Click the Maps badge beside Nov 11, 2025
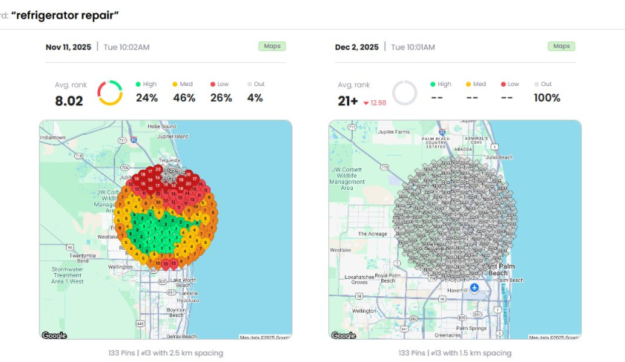[270, 46]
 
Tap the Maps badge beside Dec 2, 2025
[560, 46]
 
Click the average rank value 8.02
[69, 100]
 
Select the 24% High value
[147, 98]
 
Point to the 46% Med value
[184, 98]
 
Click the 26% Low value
[221, 98]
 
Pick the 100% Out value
[547, 98]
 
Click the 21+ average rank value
[348, 100]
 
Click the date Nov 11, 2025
[68, 47]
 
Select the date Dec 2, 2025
[357, 47]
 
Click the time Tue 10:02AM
[126, 47]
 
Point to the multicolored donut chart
[110, 93]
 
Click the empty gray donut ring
[404, 93]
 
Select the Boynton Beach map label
[176, 312]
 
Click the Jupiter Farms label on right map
[395, 132]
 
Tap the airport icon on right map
[474, 288]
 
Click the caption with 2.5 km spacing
[165, 352]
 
